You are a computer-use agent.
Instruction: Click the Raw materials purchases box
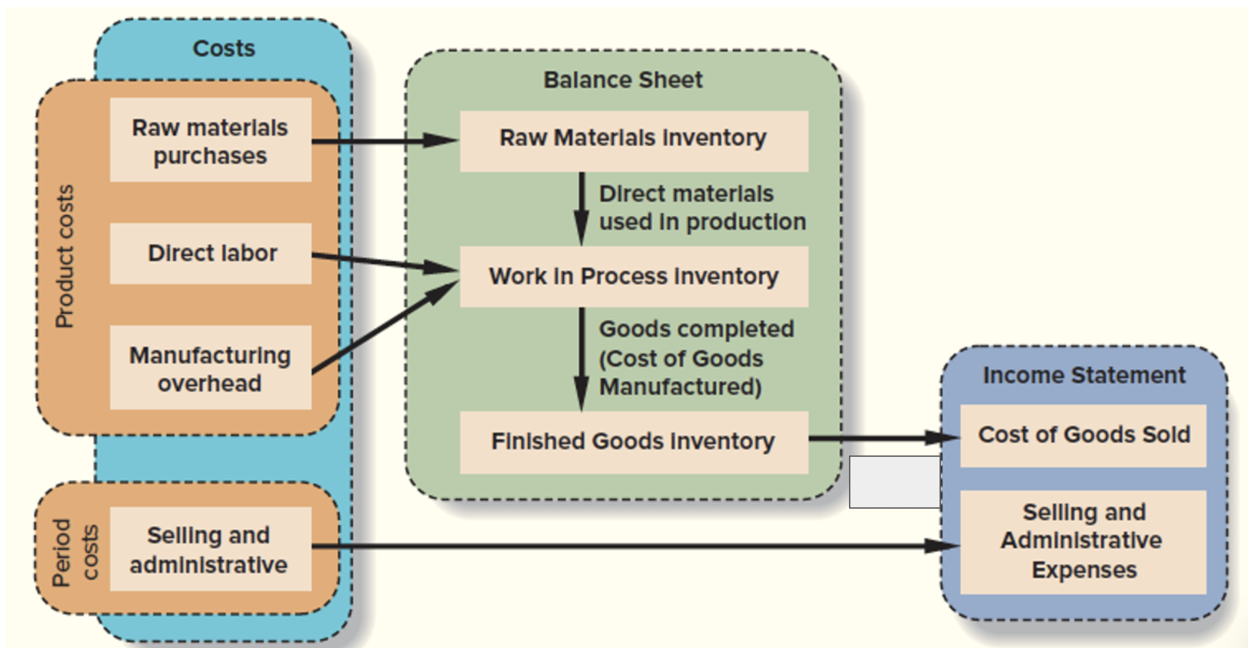tap(211, 140)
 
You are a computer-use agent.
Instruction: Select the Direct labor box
tap(211, 253)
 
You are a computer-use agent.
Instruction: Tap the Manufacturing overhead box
tap(211, 368)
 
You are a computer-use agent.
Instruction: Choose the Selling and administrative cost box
tap(211, 549)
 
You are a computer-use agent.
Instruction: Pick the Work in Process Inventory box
tap(634, 276)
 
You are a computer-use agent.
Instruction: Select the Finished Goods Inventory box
tap(634, 442)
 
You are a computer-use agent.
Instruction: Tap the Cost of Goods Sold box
tap(1083, 435)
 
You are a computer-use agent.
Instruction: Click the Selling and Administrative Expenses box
tap(1083, 541)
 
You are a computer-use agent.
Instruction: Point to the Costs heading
tap(224, 48)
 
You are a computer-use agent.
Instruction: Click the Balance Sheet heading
tap(623, 80)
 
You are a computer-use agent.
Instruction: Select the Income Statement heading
tap(1084, 375)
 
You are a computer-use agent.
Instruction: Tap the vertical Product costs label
tap(65, 256)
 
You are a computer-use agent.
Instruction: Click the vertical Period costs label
tap(75, 552)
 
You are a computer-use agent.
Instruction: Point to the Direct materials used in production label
tap(702, 208)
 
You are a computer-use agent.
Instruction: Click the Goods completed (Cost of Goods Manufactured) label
tap(696, 358)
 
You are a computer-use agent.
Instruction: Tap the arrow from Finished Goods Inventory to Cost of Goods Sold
tap(884, 438)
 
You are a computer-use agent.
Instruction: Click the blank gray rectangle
tap(894, 482)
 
